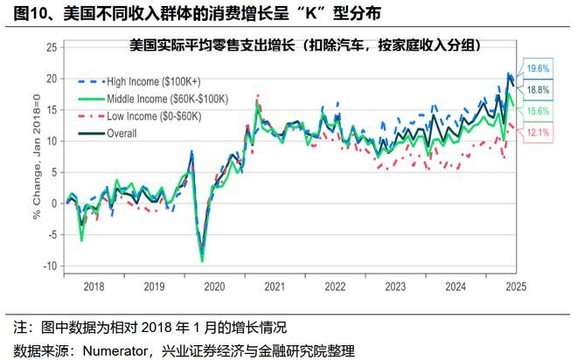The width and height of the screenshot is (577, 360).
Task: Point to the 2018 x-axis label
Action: tap(94, 287)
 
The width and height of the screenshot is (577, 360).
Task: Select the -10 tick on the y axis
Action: tap(50, 266)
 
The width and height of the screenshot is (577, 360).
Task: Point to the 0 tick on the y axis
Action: tap(53, 204)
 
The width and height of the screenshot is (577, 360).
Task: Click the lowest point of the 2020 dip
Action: tap(203, 260)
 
